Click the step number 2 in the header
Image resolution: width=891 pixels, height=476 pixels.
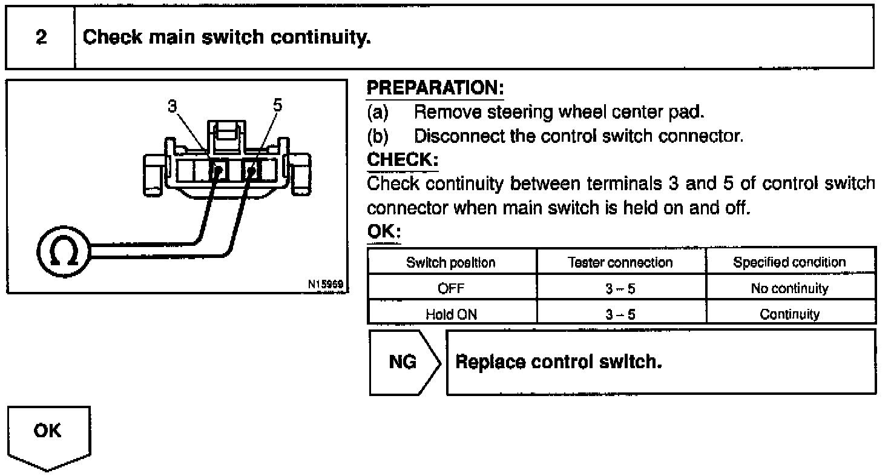click(41, 38)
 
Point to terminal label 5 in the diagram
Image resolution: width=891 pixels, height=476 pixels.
click(277, 105)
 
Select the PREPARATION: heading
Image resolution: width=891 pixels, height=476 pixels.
click(435, 88)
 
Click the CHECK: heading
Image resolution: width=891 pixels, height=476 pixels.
click(403, 160)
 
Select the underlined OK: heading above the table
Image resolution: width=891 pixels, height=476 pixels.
click(384, 233)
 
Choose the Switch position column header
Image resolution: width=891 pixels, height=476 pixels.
click(451, 262)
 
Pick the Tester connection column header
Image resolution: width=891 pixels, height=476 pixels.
click(620, 262)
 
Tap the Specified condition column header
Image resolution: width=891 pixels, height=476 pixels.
click(789, 262)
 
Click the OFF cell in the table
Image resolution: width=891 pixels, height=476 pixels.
click(451, 289)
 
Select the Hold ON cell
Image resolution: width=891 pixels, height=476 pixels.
click(451, 314)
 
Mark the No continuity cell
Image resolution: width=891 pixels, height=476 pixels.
click(789, 289)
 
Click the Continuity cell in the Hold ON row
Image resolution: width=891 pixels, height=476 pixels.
click(789, 314)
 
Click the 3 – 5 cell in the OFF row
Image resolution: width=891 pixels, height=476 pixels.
click(620, 289)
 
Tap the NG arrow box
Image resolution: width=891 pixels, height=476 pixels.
click(403, 362)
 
